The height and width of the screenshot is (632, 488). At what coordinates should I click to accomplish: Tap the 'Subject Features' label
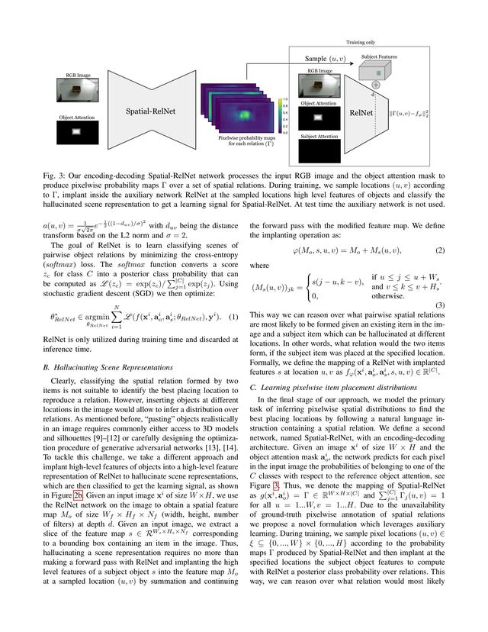(396, 55)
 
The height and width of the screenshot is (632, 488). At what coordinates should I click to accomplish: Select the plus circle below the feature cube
(376, 85)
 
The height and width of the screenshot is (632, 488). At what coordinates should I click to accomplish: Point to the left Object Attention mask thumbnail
(75, 132)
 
